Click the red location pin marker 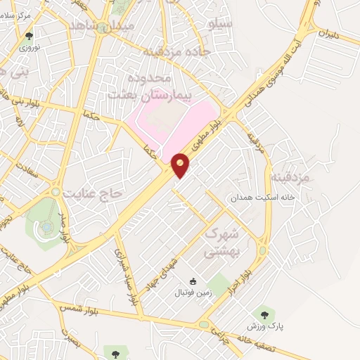click(x=181, y=165)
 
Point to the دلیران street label click(x=328, y=33)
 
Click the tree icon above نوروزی click(x=29, y=36)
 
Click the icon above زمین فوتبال click(x=193, y=281)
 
